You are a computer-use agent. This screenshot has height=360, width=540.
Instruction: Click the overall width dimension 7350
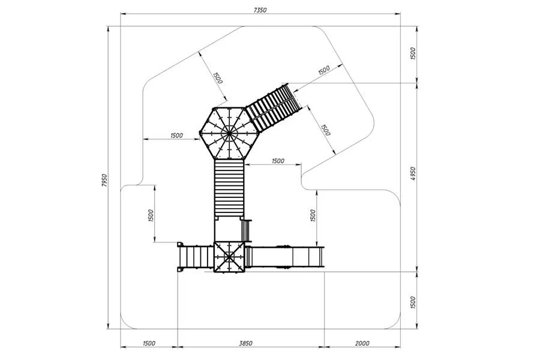(x=260, y=10)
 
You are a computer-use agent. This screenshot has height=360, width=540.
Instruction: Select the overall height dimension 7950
(x=105, y=181)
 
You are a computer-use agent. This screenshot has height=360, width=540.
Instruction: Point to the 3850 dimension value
(x=246, y=343)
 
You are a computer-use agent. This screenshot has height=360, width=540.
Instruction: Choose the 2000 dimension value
(x=362, y=343)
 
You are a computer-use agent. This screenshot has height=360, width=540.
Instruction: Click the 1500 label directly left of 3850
(x=149, y=343)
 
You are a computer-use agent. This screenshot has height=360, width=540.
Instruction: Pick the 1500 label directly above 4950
(x=413, y=53)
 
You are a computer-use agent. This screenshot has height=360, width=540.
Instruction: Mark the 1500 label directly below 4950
(x=413, y=302)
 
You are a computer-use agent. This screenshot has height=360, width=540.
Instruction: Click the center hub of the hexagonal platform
(x=228, y=132)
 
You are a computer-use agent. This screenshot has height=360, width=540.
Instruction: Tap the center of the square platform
(x=229, y=257)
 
